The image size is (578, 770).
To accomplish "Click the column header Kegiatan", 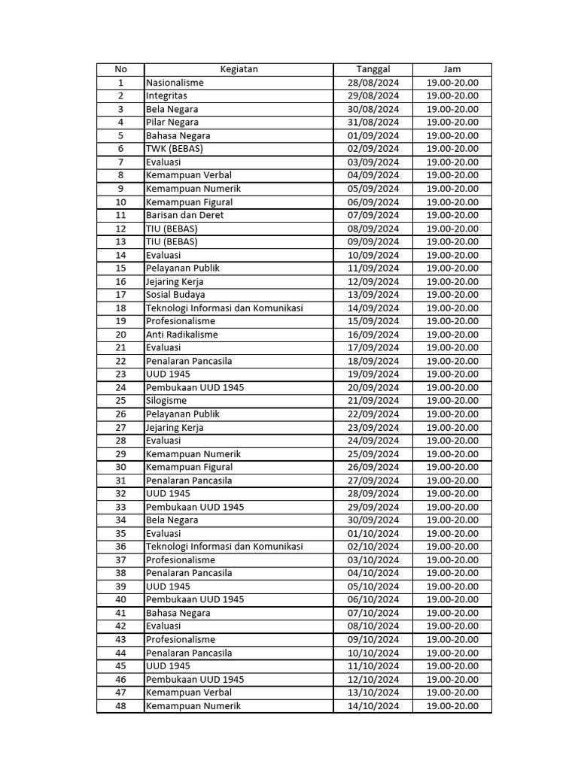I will tap(239, 69).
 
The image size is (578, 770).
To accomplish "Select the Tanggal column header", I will tap(373, 69).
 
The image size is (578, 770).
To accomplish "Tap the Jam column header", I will tap(452, 69).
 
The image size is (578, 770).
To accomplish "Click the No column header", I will tap(120, 69).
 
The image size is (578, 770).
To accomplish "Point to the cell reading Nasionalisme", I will tap(175, 83).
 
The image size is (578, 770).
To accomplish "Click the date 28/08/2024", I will tap(373, 83).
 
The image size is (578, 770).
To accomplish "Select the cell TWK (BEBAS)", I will tap(175, 149).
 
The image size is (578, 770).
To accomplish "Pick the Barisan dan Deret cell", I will tap(184, 215).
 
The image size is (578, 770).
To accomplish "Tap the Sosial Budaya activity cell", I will tap(175, 295).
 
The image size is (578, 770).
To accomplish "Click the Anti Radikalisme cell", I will tap(182, 335).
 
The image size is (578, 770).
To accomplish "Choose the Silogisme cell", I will tap(166, 401).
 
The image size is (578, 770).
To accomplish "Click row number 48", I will tap(120, 706).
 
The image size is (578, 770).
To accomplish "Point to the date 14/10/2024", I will tap(373, 706).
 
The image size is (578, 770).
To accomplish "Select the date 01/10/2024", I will tap(373, 534).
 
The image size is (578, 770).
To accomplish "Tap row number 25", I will tap(120, 401).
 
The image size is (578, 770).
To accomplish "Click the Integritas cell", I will tap(166, 96).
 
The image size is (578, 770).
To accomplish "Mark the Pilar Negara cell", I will tap(172, 123).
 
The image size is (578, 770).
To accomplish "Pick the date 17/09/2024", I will tap(373, 348).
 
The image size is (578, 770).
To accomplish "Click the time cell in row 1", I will tap(452, 83).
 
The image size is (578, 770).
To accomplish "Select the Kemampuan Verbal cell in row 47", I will tap(188, 693).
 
